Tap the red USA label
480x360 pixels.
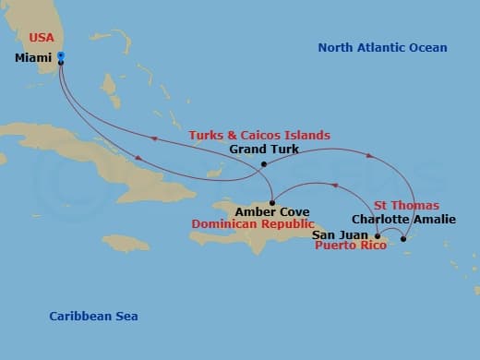click(42, 38)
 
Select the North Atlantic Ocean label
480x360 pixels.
click(382, 48)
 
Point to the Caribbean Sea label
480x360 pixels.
click(93, 317)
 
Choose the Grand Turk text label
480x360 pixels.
click(263, 150)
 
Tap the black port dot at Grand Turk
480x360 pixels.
click(264, 165)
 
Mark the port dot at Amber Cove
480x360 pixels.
click(272, 202)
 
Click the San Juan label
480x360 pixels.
click(341, 235)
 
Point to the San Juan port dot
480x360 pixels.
click(378, 237)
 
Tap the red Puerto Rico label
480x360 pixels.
click(351, 247)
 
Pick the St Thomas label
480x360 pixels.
click(406, 205)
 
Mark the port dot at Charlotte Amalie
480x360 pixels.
click(403, 240)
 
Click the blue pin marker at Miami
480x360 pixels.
click(60, 56)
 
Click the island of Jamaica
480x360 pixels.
click(126, 244)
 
